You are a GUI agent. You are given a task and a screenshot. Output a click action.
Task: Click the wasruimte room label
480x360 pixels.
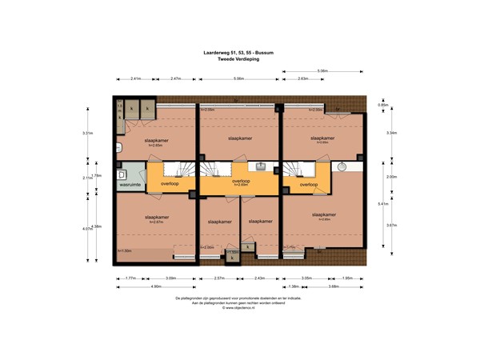click(130, 185)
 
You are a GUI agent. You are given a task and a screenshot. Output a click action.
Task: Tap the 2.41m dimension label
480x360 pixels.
click(136, 78)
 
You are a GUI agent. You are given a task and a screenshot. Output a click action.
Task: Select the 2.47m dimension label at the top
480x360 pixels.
click(176, 78)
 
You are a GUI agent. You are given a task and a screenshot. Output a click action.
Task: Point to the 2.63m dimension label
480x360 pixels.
click(303, 78)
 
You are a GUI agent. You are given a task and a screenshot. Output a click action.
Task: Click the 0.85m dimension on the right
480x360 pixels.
click(382, 105)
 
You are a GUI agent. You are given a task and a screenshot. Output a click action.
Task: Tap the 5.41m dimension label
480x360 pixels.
click(382, 203)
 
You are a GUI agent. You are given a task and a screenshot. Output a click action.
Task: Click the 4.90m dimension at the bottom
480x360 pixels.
click(157, 286)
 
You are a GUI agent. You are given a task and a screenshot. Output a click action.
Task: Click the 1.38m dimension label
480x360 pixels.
click(293, 286)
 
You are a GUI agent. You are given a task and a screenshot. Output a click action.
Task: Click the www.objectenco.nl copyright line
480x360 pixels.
click(239, 308)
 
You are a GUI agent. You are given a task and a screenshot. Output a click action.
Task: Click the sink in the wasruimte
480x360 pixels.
click(123, 174)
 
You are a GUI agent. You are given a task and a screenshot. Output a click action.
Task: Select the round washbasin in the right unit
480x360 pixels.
click(342, 167)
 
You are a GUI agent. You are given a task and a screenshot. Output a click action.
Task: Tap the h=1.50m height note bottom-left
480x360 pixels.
click(125, 251)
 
